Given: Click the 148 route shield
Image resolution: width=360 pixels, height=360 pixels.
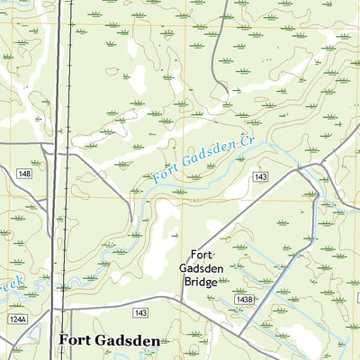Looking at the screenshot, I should tap(23, 174).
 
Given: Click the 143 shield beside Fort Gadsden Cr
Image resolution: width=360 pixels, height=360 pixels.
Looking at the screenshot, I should tap(260, 177).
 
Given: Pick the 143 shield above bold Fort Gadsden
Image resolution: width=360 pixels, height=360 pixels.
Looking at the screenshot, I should tap(140, 312).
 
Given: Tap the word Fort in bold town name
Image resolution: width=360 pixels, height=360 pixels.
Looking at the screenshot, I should tap(76, 341).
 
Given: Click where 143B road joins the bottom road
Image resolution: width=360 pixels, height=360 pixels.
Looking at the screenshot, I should tap(241, 335).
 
